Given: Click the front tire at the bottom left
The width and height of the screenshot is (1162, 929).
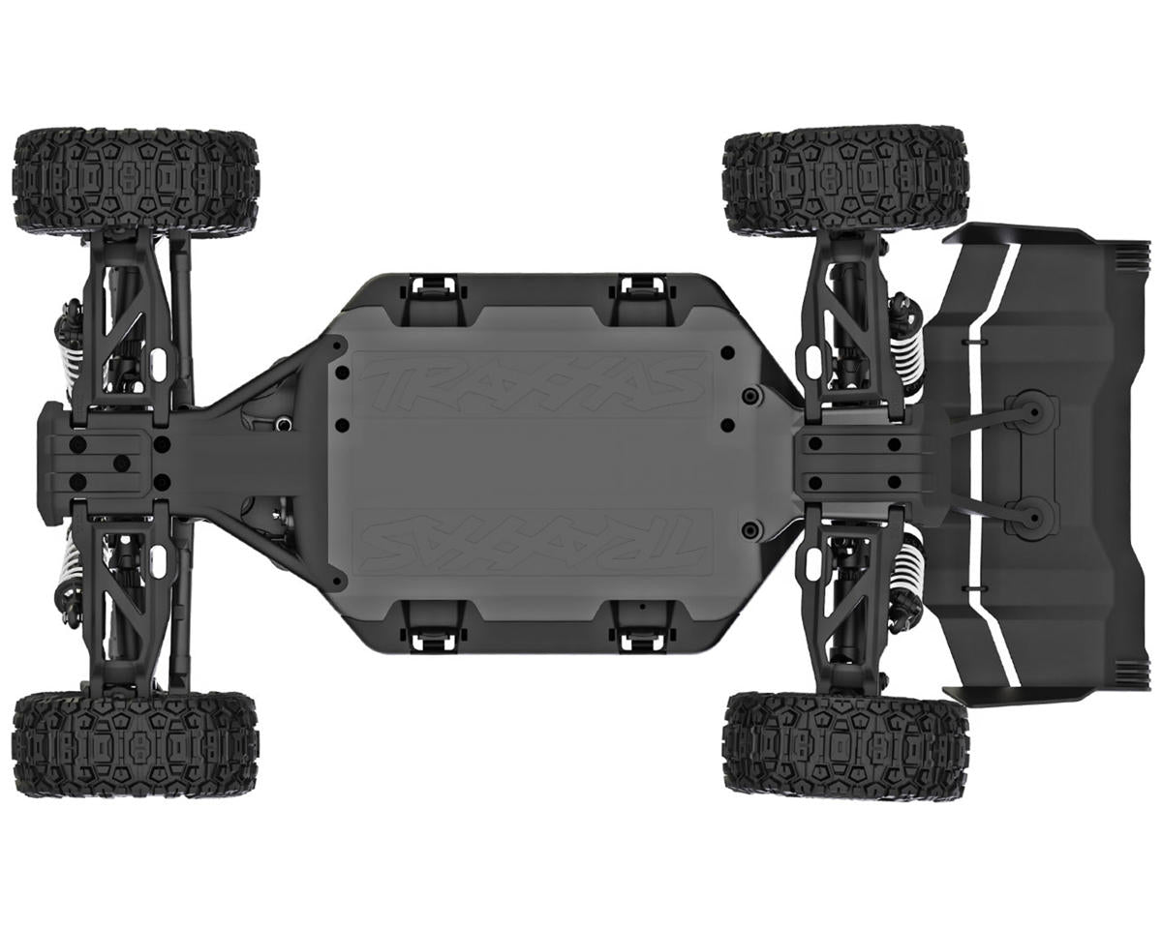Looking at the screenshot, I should click(136, 743).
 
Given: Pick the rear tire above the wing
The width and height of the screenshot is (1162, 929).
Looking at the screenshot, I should click(844, 180).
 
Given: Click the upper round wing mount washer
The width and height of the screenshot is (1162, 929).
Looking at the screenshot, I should click(1030, 412).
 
